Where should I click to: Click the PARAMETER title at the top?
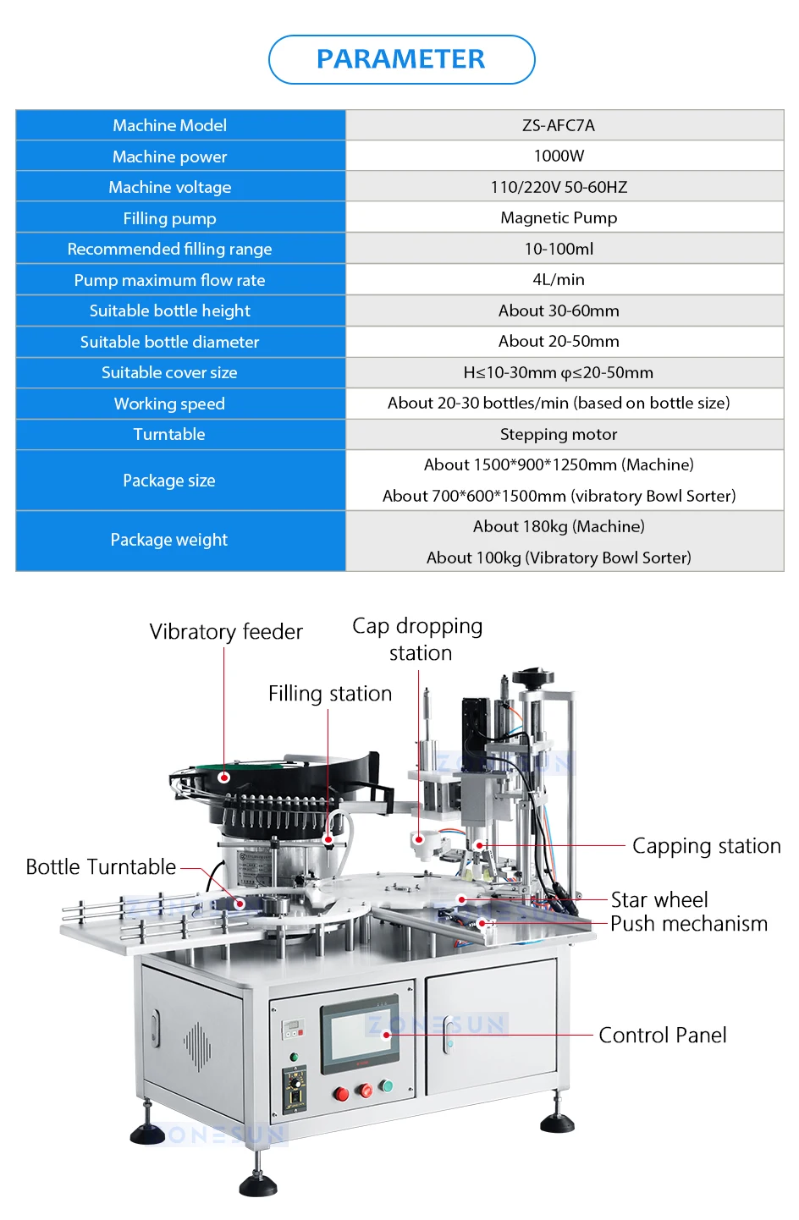(x=400, y=59)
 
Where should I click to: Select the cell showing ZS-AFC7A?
(x=559, y=125)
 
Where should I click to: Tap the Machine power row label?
(x=169, y=157)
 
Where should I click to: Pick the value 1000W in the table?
(x=559, y=156)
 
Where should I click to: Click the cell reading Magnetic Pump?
(x=559, y=217)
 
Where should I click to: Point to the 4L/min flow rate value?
(x=559, y=279)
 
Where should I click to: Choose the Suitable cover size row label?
(x=169, y=372)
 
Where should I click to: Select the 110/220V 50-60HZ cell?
(x=559, y=187)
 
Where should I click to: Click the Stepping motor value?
(x=559, y=434)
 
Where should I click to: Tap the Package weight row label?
(x=169, y=540)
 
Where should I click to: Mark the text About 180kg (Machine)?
(x=559, y=526)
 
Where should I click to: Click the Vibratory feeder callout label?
(x=226, y=632)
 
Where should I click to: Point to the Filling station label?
(x=330, y=694)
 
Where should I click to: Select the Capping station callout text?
(x=706, y=846)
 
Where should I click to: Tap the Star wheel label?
(x=659, y=899)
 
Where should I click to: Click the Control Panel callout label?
(x=662, y=1036)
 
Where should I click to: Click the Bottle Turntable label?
(x=101, y=867)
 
